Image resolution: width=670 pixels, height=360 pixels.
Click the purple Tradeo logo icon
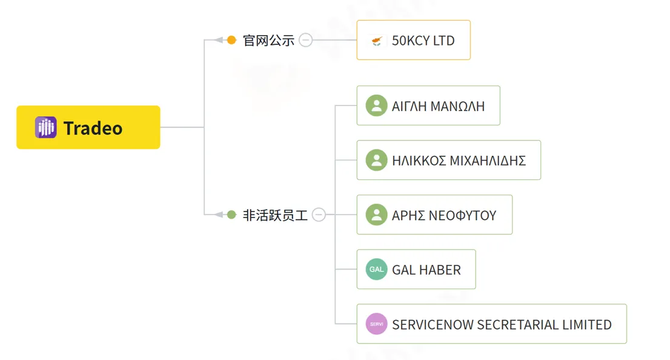(x=45, y=127)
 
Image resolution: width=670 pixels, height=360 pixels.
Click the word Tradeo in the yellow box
(x=93, y=128)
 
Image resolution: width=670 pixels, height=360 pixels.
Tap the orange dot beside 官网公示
(x=231, y=40)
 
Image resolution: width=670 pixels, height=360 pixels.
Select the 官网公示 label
(x=268, y=41)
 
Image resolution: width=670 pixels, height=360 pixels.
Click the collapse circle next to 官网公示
(x=305, y=40)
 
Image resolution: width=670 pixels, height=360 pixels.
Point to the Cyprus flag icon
(x=376, y=41)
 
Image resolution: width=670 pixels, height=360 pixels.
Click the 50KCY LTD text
(x=423, y=41)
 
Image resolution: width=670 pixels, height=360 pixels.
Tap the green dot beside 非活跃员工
(x=231, y=215)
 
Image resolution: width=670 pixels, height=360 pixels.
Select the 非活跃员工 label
(x=275, y=215)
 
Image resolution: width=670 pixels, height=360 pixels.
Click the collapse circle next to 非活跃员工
(x=319, y=215)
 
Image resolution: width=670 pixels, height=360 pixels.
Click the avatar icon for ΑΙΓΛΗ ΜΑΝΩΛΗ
(x=376, y=105)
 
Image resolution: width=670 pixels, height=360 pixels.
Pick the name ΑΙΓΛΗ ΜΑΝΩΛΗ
(x=438, y=106)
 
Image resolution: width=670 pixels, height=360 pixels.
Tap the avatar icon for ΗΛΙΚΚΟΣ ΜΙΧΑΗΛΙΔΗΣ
(x=376, y=161)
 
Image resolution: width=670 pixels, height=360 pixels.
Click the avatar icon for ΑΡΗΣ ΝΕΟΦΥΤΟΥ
(x=376, y=215)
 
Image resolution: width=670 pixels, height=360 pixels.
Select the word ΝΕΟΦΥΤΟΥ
(x=462, y=216)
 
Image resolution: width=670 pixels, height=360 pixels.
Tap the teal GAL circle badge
(x=376, y=269)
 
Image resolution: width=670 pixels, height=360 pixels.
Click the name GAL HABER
(x=426, y=270)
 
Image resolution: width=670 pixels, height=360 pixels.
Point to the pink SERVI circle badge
(x=376, y=324)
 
